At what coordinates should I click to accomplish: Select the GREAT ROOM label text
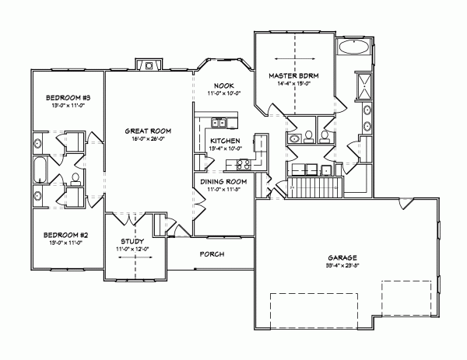point(148,131)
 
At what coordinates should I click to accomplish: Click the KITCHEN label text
point(224,141)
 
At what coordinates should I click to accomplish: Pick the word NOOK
point(224,86)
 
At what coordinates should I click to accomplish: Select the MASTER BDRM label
point(294,75)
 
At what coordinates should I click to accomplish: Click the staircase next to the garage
point(315,187)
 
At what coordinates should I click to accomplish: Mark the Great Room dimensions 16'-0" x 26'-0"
point(148,140)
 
